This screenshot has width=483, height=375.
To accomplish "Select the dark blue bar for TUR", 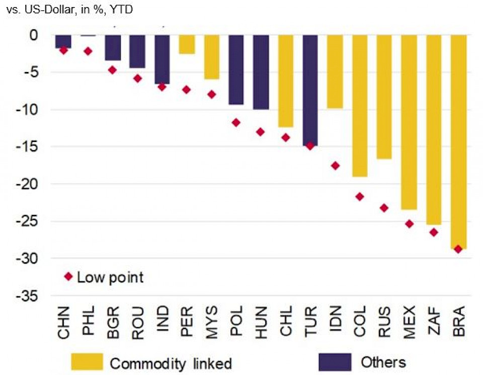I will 310,90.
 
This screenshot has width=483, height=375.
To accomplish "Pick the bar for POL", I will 236,70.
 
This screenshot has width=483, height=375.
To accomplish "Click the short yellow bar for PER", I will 187,44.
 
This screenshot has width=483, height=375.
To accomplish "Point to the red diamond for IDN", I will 335,166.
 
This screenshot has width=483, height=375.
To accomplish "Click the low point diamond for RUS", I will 384,207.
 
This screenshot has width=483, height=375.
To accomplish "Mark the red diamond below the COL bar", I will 360,196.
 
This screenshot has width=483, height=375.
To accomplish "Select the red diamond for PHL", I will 88,51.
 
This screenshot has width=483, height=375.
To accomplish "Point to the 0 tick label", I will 33,35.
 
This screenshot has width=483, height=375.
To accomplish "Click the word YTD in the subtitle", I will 121,9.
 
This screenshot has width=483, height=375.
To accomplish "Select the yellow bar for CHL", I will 285,81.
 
